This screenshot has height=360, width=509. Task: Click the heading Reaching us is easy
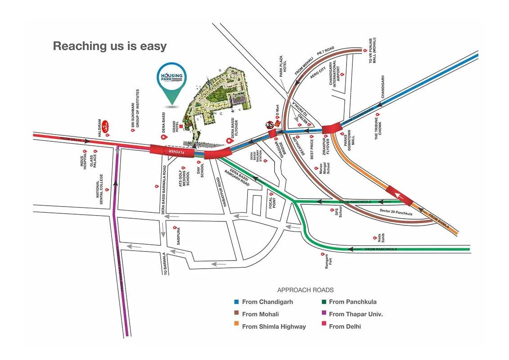tap(110, 46)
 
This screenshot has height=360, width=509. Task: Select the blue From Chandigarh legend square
tap(236, 302)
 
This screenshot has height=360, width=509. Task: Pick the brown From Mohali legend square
tap(236, 314)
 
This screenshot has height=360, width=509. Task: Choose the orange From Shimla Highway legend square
tap(236, 327)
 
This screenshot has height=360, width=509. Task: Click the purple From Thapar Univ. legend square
tap(323, 314)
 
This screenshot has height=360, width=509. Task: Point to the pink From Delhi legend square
tap(323, 327)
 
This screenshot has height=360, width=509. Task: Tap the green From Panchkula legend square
tap(323, 302)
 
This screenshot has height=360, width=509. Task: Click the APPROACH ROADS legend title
tap(305, 290)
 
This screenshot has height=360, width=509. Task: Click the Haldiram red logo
tap(106, 126)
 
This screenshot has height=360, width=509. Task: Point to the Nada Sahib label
tap(382, 237)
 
